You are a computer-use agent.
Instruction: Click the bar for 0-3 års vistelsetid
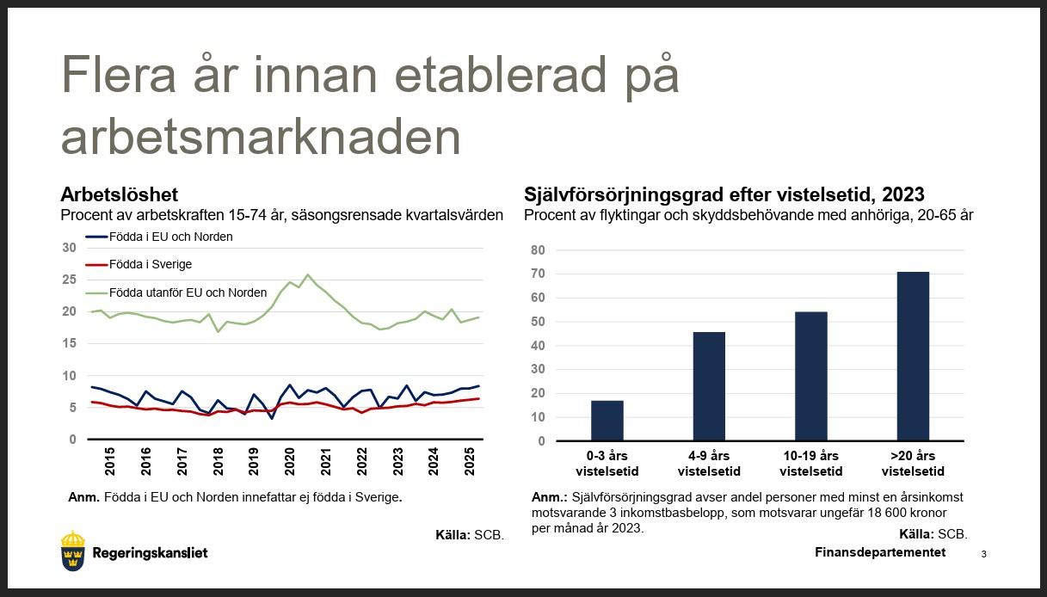607,421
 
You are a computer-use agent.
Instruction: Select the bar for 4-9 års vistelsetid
709,386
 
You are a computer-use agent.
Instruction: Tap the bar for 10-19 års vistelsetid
810,376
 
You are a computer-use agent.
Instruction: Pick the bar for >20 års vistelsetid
913,356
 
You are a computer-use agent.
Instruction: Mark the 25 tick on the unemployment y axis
70,280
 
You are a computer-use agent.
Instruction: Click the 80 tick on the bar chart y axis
538,250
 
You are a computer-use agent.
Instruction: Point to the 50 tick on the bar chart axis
538,322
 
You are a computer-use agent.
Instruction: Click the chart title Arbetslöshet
119,194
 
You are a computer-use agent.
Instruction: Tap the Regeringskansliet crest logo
73,551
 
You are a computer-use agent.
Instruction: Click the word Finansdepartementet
879,552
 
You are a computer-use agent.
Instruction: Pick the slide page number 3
983,555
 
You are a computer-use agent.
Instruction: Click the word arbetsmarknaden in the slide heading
260,137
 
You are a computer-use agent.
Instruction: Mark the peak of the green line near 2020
307,275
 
